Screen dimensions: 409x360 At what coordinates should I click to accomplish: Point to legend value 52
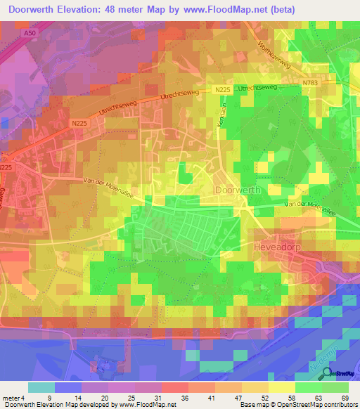262,397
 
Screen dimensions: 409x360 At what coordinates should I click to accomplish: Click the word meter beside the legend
13,397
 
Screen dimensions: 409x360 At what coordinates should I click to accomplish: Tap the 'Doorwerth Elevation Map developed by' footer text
60,405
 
